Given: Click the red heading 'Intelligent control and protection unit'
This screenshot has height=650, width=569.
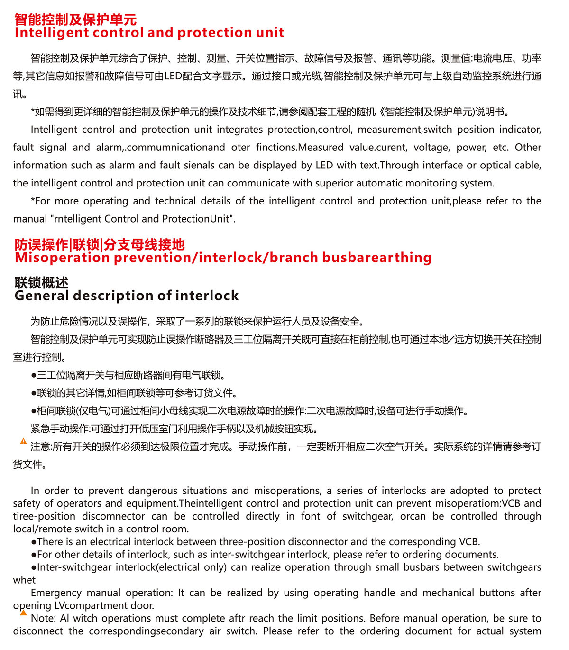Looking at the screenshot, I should [149, 33].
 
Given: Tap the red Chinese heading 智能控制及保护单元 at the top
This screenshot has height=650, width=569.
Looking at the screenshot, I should [75, 19].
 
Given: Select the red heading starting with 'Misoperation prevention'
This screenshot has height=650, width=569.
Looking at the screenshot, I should [223, 258].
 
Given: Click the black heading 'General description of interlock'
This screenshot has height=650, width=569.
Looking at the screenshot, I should [127, 296].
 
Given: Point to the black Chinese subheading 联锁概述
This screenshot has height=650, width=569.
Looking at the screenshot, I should [41, 283].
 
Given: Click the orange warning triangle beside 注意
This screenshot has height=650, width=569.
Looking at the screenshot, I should [23, 441].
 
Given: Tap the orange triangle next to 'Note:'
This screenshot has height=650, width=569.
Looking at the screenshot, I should [23, 613].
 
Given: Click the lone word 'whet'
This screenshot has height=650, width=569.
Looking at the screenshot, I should [24, 580].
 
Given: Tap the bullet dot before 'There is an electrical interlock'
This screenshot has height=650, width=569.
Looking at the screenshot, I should [34, 542].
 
